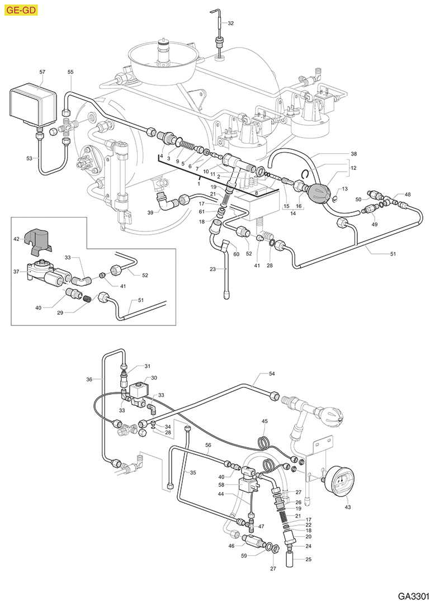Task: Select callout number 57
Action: (x=42, y=72)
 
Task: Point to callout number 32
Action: (x=230, y=23)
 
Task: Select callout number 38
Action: (x=353, y=153)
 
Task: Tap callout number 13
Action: (x=344, y=189)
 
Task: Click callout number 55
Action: (x=70, y=72)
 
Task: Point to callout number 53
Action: (x=29, y=159)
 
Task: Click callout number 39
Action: (x=150, y=212)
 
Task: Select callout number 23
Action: (x=212, y=269)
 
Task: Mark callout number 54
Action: (x=272, y=373)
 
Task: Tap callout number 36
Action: (x=89, y=379)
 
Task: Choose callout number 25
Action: (x=308, y=559)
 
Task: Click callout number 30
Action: (x=154, y=378)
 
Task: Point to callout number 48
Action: (x=408, y=195)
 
